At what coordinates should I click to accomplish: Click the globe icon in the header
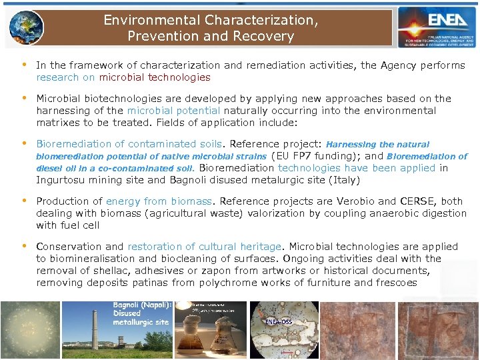click(x=27, y=27)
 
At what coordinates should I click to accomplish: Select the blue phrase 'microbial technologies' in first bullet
click(x=155, y=77)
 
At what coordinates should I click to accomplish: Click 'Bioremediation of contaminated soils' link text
click(x=129, y=144)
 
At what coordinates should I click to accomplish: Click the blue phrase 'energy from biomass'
click(x=159, y=201)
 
